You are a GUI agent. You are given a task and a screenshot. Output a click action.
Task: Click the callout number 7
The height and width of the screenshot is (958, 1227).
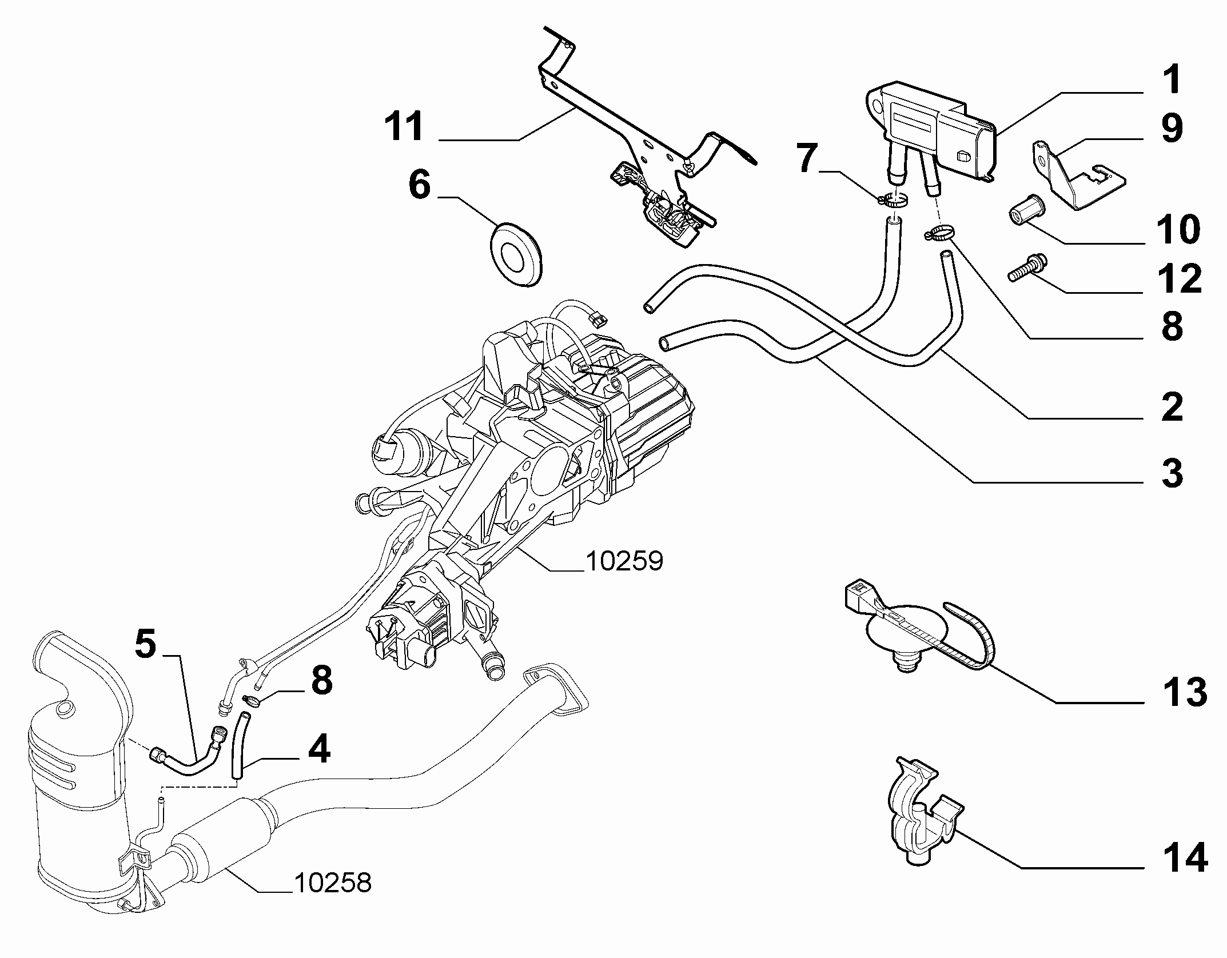pos(807,159)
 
